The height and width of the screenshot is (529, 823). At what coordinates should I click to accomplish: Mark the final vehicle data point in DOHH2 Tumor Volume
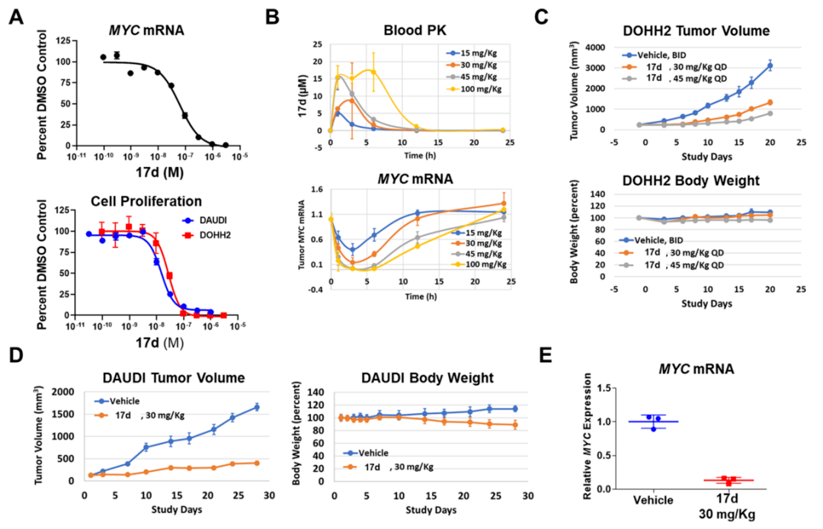(x=770, y=66)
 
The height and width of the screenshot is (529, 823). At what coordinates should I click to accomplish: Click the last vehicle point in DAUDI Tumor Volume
(x=257, y=407)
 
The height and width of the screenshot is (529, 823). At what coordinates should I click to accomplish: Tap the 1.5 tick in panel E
(x=605, y=389)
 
